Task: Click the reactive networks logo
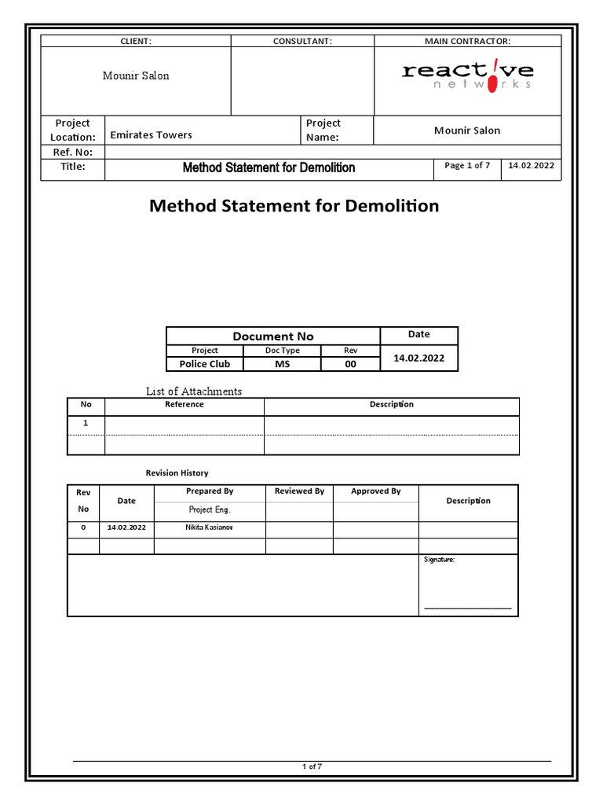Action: coord(467,76)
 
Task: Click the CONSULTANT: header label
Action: coord(302,41)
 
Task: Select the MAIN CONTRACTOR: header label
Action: coord(467,41)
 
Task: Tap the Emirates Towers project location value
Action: coord(151,135)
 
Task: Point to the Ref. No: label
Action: coord(72,153)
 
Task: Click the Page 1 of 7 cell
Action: coord(467,166)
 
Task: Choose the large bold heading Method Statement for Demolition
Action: coord(294,206)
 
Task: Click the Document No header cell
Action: coord(272,336)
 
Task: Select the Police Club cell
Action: coord(204,364)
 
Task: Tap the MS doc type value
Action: coord(282,364)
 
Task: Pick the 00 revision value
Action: coord(350,364)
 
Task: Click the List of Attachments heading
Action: coord(194,391)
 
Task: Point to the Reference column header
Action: coord(185,405)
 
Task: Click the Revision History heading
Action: coord(177,473)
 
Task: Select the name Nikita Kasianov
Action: coord(210,527)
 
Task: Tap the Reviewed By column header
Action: coord(299,491)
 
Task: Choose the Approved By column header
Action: coord(375,491)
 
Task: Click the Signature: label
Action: coord(439,560)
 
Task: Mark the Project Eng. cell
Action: coord(210,510)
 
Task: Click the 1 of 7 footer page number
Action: coord(312,767)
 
